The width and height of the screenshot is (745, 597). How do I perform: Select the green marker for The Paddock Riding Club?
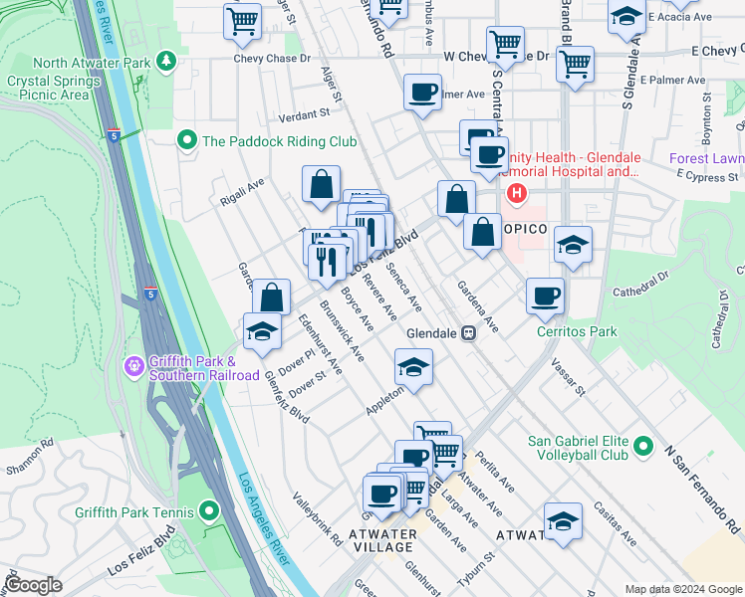point(185,140)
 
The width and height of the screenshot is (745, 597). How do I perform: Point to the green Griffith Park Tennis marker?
point(208,512)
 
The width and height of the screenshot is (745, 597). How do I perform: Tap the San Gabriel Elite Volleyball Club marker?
point(644,447)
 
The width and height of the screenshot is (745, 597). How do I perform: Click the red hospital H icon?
point(516,192)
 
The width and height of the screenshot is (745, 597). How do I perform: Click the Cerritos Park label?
point(576,331)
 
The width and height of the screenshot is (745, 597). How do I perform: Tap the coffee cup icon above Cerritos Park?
point(545,295)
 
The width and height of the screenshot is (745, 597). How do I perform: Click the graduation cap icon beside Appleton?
point(413,366)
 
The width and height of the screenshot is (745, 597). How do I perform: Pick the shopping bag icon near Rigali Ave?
point(321,184)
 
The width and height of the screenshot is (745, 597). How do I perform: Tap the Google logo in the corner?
point(33,585)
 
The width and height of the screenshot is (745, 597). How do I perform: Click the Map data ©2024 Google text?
point(682,589)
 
